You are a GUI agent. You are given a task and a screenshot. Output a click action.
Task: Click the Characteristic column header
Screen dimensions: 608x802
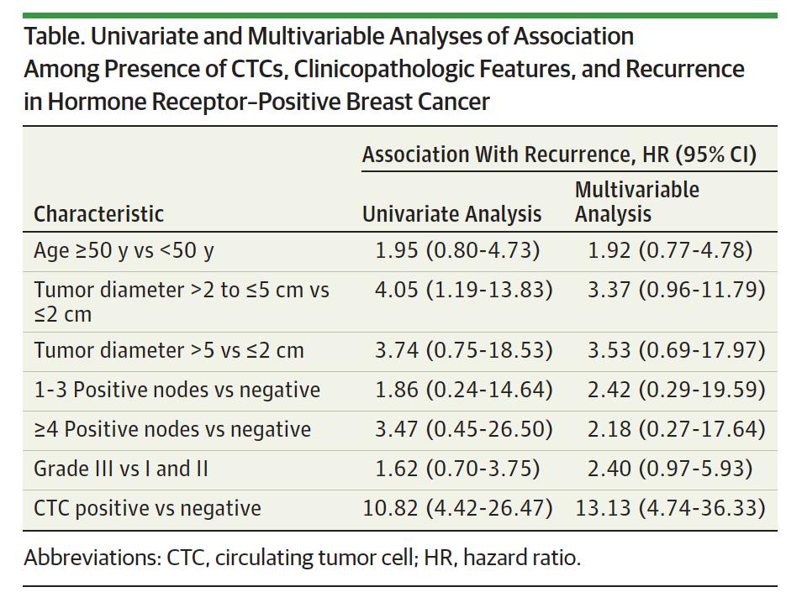pos(98,214)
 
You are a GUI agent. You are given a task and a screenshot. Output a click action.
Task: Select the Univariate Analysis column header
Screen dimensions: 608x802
pos(451,214)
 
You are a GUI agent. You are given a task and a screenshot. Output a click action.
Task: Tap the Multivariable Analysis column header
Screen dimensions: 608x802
pos(636,202)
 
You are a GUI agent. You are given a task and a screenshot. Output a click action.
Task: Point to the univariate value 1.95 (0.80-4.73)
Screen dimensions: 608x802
pos(457,250)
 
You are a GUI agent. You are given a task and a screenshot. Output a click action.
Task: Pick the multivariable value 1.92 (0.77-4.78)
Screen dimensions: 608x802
pos(670,250)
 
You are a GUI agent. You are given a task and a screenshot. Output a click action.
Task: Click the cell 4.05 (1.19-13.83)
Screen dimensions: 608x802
pos(463,290)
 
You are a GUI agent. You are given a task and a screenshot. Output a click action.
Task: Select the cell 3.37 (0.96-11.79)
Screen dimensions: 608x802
pos(676,290)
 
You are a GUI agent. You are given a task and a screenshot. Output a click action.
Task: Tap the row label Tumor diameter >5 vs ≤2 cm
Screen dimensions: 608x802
pos(169,350)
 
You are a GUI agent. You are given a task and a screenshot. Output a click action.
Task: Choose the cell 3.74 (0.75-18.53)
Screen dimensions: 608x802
pos(463,350)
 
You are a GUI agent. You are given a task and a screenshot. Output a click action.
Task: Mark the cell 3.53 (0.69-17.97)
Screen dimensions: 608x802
pos(676,350)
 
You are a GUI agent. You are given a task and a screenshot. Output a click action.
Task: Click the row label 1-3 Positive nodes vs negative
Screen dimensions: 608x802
pos(177,390)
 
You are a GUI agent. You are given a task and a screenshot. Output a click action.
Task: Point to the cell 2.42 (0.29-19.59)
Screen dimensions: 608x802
pos(676,390)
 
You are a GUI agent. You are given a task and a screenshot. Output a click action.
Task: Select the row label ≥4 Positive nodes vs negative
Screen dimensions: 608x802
pos(172,429)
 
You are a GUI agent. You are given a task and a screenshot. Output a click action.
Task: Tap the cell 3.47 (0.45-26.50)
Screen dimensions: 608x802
pos(463,429)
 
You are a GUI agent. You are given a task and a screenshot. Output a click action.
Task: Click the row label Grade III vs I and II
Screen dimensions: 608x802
pos(121,469)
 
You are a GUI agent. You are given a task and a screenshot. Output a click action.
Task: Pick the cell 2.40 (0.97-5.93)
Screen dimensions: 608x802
pos(670,469)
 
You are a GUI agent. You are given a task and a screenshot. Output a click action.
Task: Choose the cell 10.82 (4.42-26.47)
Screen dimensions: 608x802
pos(457,508)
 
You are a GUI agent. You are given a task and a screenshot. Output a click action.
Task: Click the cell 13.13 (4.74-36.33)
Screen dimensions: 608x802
pos(670,508)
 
